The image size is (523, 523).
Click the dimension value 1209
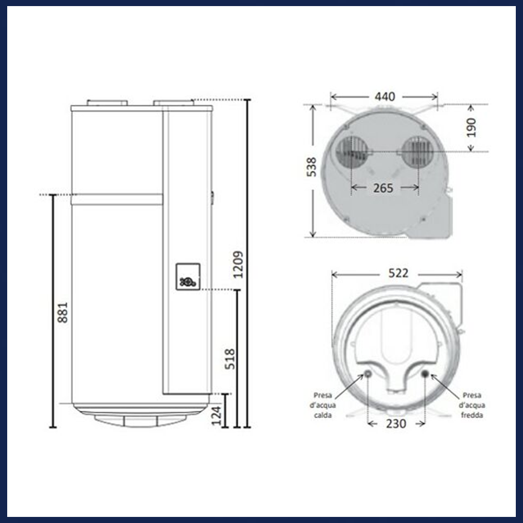coord(238,265)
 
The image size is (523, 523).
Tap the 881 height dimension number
coord(63,313)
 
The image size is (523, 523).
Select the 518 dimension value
coord(230,359)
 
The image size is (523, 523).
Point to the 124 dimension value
coord(216,416)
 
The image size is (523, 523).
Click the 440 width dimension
coord(385,97)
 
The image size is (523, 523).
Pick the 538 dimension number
coord(312,167)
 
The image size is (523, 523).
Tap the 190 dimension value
coord(472,127)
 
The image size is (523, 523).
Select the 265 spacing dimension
coord(383,188)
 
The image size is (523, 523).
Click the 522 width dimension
coord(398,273)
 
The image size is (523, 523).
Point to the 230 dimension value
coord(396,424)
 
